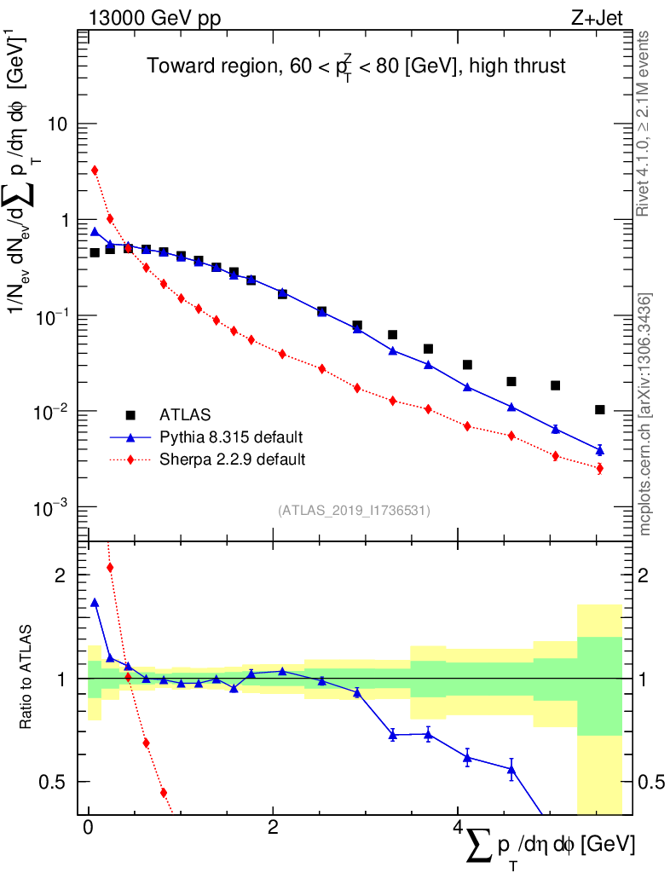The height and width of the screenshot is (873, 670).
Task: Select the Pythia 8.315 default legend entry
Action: tap(231, 437)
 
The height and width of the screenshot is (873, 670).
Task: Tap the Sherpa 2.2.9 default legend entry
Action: tap(232, 460)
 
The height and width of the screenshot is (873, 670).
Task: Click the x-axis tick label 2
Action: tap(273, 829)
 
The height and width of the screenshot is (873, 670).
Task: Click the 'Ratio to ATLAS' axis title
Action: tap(27, 679)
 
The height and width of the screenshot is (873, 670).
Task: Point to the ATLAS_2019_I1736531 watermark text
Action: tap(354, 511)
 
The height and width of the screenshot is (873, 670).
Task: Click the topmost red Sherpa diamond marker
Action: tap(95, 170)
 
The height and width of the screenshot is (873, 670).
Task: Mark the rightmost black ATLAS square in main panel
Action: tap(600, 410)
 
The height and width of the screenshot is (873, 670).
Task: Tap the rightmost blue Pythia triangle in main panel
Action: tap(600, 449)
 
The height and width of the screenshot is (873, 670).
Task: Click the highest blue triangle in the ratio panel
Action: tap(95, 603)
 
